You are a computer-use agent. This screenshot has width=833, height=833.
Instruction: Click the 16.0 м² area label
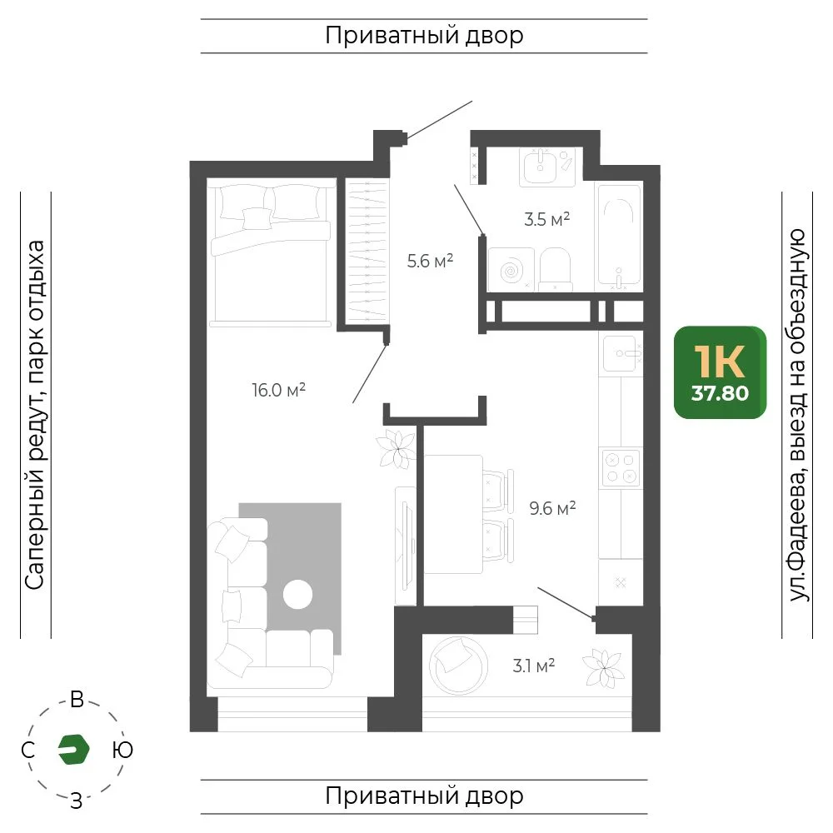tap(278, 390)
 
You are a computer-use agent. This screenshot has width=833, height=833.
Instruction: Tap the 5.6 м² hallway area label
tap(430, 261)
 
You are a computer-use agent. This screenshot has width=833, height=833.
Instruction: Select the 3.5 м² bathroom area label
tap(546, 219)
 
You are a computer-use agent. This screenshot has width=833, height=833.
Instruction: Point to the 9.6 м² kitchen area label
tap(552, 508)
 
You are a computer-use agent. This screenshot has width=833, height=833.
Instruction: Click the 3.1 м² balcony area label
tap(533, 665)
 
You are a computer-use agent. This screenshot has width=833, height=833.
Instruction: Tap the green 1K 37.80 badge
tap(720, 372)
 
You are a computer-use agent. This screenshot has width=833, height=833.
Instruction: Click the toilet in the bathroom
tap(555, 269)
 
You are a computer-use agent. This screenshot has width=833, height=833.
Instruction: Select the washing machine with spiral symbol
tap(511, 269)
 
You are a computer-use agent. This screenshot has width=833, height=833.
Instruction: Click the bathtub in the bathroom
tap(619, 237)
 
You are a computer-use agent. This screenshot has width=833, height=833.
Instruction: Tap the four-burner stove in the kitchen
tap(621, 467)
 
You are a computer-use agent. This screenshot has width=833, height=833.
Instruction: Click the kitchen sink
tap(621, 353)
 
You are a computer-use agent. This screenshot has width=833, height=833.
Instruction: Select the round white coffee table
tap(297, 594)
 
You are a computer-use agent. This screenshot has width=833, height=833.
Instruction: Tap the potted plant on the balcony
tap(603, 668)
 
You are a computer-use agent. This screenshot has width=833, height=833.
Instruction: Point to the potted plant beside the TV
tap(397, 449)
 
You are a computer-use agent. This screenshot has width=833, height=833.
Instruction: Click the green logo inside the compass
tap(74, 749)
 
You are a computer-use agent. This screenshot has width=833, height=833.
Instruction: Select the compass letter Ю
tap(122, 750)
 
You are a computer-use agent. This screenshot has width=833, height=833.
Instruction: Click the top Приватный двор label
tap(424, 36)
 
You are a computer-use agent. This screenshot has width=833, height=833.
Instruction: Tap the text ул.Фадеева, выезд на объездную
tap(797, 415)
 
